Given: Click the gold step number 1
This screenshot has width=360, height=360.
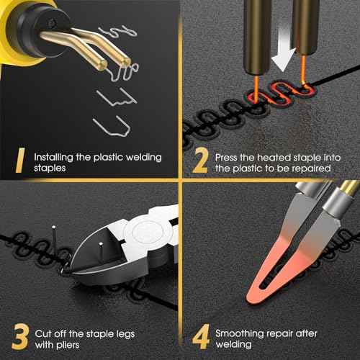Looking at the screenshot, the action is click(x=20, y=160).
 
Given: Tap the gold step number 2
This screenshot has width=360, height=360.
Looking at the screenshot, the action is click(x=200, y=160).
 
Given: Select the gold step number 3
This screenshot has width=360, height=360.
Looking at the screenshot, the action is click(x=19, y=336).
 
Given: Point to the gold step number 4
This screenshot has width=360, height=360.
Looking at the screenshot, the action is click(x=201, y=336).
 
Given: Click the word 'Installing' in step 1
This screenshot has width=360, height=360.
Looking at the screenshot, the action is click(x=53, y=158).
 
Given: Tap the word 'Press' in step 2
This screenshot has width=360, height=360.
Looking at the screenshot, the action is click(x=226, y=158).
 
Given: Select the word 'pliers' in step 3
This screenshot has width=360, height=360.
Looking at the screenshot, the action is click(x=68, y=345).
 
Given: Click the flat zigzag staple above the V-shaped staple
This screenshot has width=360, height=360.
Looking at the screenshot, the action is click(x=117, y=97).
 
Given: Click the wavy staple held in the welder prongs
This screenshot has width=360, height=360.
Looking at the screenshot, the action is click(x=123, y=71).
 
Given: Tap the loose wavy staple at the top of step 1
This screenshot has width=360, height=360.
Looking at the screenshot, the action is click(x=118, y=32).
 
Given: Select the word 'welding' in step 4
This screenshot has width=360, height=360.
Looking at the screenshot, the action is click(x=234, y=345).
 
